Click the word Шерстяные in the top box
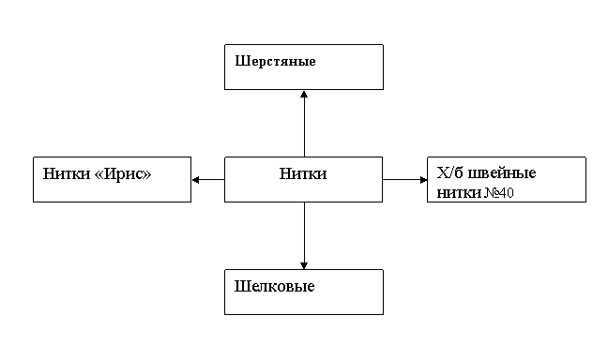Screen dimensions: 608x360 tap(275, 62)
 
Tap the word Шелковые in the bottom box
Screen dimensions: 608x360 tap(274, 287)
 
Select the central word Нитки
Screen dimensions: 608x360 tap(303, 173)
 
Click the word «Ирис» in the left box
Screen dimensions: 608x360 tap(123, 174)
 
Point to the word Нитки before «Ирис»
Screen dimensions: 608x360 tap(67, 173)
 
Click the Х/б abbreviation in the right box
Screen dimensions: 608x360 tap(449, 172)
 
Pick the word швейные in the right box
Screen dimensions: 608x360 tap(502, 173)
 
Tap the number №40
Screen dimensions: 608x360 tap(499, 192)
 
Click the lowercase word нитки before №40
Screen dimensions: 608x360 tap(459, 192)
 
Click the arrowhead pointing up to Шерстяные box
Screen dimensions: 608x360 tap(304, 94)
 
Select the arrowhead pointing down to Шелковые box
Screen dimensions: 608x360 tap(304, 265)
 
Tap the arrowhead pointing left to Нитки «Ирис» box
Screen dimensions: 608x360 tap(196, 180)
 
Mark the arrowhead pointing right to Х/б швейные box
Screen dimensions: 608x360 tap(423, 180)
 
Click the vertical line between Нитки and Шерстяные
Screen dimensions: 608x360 tap(304, 124)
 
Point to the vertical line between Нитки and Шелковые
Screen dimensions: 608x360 tap(304, 235)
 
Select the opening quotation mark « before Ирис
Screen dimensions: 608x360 tap(99, 175)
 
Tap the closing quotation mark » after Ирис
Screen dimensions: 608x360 tap(146, 175)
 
